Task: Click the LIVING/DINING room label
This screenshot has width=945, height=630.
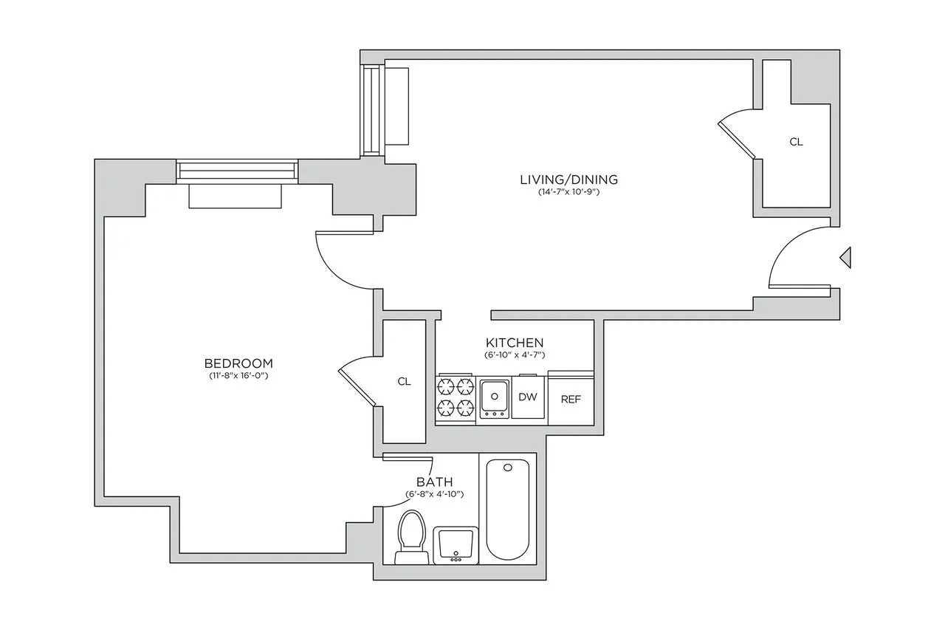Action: coord(568,179)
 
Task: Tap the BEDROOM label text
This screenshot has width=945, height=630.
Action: coord(238,363)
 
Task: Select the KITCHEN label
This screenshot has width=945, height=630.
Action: coord(515,343)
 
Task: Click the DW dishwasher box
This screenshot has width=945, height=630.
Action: coord(527,397)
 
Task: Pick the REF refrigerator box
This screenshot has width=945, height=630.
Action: coord(571,399)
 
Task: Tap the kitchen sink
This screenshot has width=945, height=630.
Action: coord(494,398)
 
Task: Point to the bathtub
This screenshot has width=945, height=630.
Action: coord(508,511)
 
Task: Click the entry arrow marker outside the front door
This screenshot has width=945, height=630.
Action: coord(846,257)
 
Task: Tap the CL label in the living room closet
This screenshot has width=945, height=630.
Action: coord(796,142)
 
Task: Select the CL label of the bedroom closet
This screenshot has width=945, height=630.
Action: coord(404,382)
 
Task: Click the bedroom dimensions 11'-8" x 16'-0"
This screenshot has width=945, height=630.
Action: coord(238,377)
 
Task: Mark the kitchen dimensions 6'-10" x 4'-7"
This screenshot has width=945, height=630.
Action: coord(515,355)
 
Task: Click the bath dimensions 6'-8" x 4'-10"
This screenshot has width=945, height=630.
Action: coord(434,494)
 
